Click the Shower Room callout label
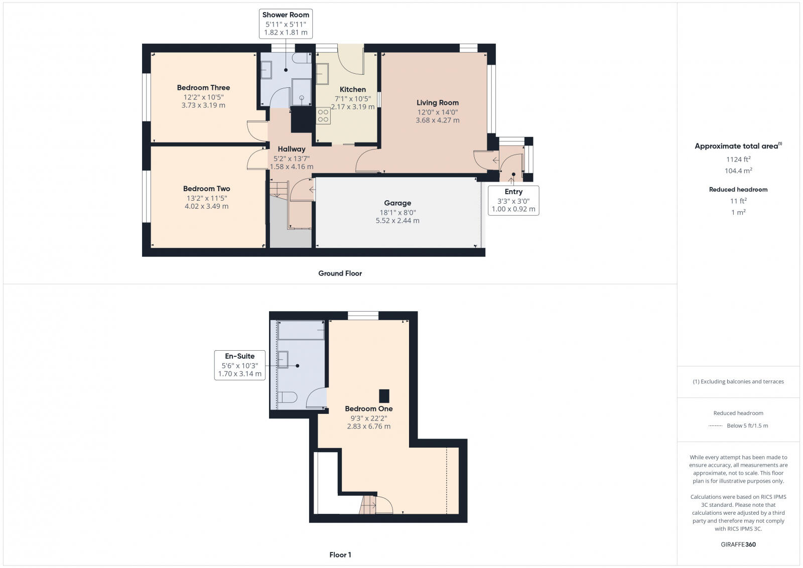click(x=286, y=15)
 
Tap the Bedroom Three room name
click(x=203, y=88)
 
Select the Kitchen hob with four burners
click(x=323, y=116)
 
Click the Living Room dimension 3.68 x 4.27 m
click(x=437, y=120)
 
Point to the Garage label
click(x=397, y=203)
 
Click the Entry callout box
click(x=513, y=200)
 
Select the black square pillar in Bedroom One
click(x=384, y=396)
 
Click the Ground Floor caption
click(x=340, y=273)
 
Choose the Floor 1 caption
click(x=340, y=555)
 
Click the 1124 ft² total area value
click(x=738, y=160)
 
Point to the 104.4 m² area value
click(x=738, y=171)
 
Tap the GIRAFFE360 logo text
click(x=738, y=544)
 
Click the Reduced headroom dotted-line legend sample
click(x=715, y=426)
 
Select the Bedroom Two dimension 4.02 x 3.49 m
click(x=206, y=206)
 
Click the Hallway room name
click(x=292, y=149)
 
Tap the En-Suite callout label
click(x=239, y=356)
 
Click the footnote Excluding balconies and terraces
click(x=738, y=382)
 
